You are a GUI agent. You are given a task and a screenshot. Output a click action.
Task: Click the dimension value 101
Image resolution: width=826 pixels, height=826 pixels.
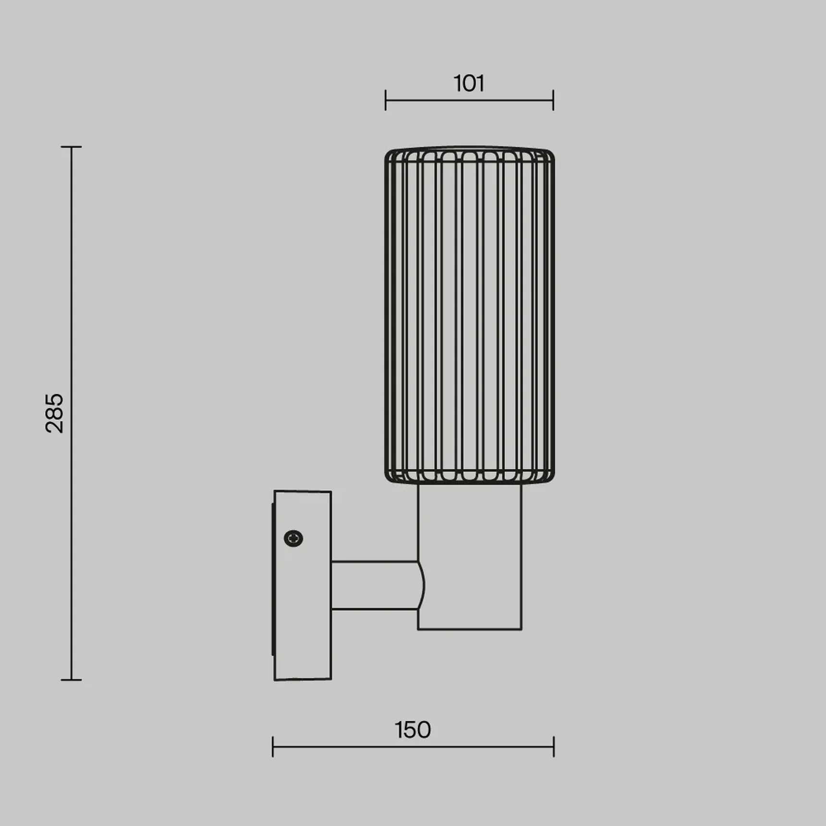pyautogui.click(x=469, y=84)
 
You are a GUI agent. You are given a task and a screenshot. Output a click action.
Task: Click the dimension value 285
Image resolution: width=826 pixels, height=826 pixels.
pyautogui.click(x=54, y=413)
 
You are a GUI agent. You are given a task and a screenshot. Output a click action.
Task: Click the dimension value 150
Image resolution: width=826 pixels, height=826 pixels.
pyautogui.click(x=413, y=730)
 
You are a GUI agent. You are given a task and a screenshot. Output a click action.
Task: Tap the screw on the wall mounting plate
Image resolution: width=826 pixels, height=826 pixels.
pyautogui.click(x=293, y=538)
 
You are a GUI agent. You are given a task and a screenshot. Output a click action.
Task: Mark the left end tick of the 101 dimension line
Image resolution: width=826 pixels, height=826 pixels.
pyautogui.click(x=386, y=100)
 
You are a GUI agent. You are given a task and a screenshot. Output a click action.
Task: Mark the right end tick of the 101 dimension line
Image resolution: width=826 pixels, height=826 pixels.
pyautogui.click(x=553, y=100)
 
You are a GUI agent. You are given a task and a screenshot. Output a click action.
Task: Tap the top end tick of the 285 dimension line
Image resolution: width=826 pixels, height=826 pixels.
pyautogui.click(x=72, y=147)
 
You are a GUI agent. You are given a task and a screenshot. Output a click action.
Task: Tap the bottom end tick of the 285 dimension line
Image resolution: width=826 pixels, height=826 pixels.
pyautogui.click(x=72, y=680)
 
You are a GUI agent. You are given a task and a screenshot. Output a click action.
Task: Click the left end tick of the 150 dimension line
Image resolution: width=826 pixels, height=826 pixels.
pyautogui.click(x=273, y=747)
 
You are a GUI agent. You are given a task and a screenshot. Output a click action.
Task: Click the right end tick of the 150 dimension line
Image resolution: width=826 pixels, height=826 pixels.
pyautogui.click(x=554, y=747)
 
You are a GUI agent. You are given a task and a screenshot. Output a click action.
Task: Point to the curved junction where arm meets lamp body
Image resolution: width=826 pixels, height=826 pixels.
pyautogui.click(x=421, y=585)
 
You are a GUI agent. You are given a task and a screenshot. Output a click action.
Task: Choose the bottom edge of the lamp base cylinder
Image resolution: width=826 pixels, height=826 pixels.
pyautogui.click(x=470, y=629)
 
